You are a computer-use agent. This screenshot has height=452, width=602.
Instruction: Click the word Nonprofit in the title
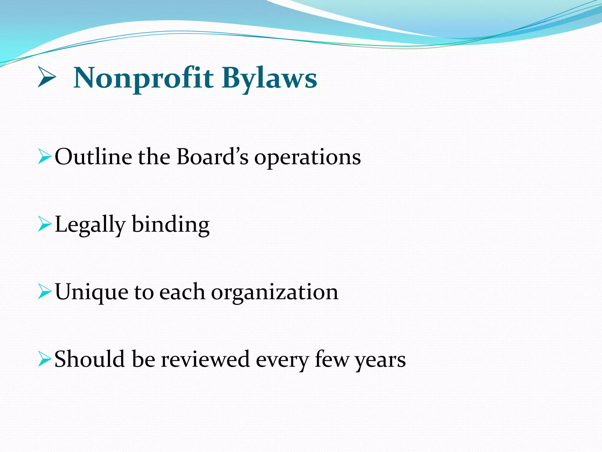click(x=143, y=78)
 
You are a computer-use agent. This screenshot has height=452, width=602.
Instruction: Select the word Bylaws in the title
click(x=269, y=78)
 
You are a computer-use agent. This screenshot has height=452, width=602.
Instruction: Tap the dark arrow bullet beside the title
click(x=46, y=77)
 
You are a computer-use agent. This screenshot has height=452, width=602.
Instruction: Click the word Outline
click(x=93, y=157)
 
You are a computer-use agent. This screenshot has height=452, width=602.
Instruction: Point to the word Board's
click(x=212, y=157)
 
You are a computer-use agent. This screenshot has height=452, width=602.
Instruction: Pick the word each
click(x=182, y=292)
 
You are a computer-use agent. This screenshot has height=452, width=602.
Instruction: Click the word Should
click(x=90, y=359)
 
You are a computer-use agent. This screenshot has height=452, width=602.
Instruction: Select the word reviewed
click(x=205, y=360)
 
